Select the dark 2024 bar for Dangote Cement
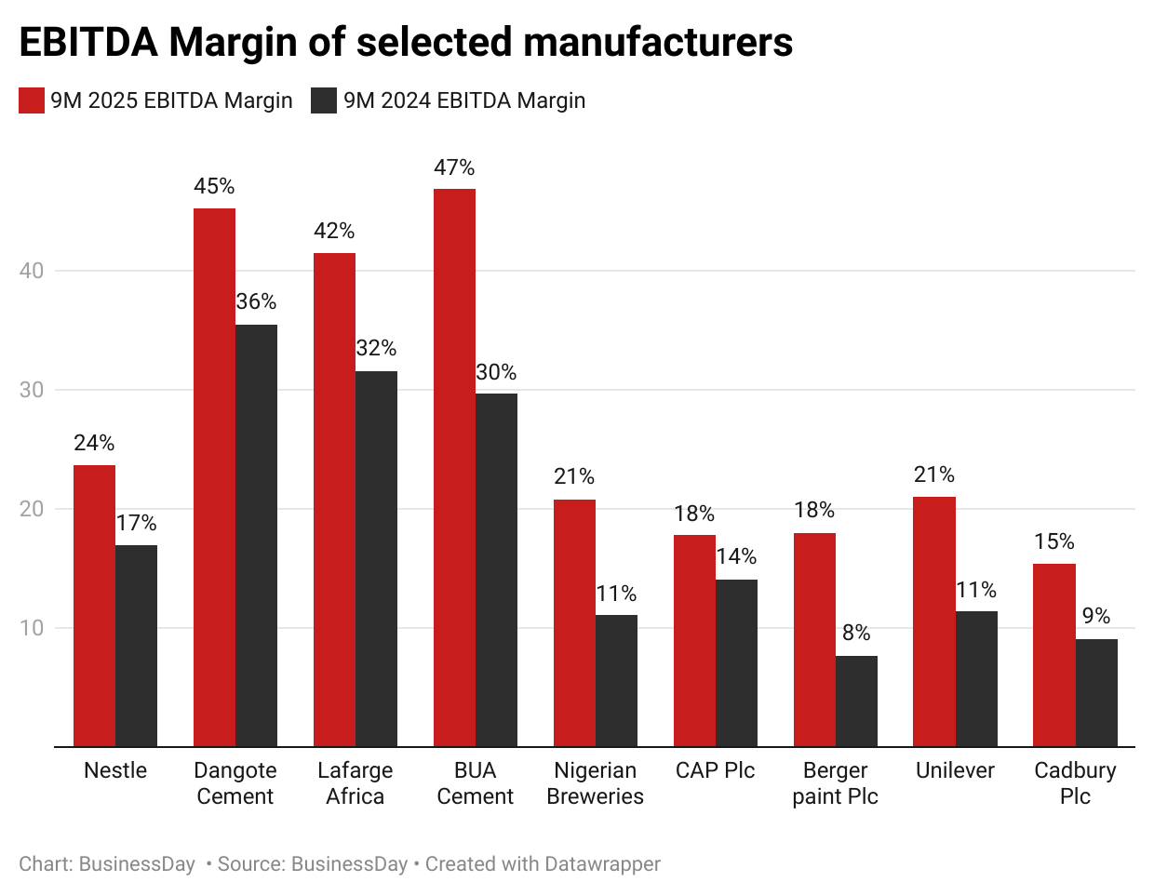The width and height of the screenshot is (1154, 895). pyautogui.click(x=256, y=535)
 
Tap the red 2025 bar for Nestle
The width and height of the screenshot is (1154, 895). pyautogui.click(x=94, y=605)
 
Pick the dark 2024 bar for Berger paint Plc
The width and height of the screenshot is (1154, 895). pyautogui.click(x=856, y=701)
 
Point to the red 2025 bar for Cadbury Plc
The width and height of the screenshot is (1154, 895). pyautogui.click(x=1054, y=655)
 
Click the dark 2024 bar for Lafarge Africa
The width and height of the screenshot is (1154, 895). pyautogui.click(x=376, y=558)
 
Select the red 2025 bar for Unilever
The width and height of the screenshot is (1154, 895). pyautogui.click(x=934, y=621)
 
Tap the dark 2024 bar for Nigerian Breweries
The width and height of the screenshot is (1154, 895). pyautogui.click(x=616, y=680)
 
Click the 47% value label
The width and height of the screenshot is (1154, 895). pyautogui.click(x=454, y=167)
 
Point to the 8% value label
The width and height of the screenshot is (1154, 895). pyautogui.click(x=856, y=633)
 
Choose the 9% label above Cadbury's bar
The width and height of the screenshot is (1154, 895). pyautogui.click(x=1096, y=616)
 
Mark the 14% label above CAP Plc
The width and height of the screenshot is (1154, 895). pyautogui.click(x=736, y=556)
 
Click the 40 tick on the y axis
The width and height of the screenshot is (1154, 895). pyautogui.click(x=32, y=271)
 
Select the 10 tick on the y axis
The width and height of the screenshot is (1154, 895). pyautogui.click(x=32, y=628)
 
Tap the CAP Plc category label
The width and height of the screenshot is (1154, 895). pyautogui.click(x=715, y=770)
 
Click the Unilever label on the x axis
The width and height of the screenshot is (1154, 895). pyautogui.click(x=955, y=770)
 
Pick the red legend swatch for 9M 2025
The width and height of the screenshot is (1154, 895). pyautogui.click(x=32, y=100)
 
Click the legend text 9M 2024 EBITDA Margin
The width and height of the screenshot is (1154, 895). pyautogui.click(x=464, y=100)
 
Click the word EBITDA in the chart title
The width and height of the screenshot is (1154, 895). pyautogui.click(x=88, y=42)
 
